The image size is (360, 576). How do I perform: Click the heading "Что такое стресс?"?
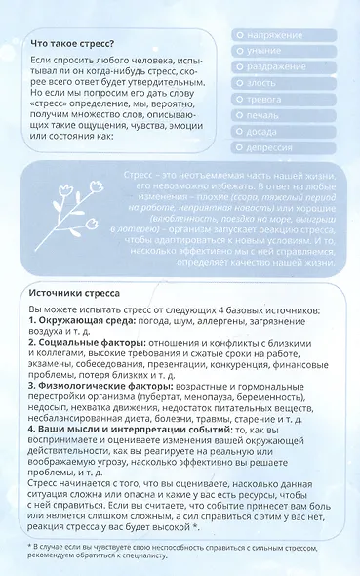pos(72,44)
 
